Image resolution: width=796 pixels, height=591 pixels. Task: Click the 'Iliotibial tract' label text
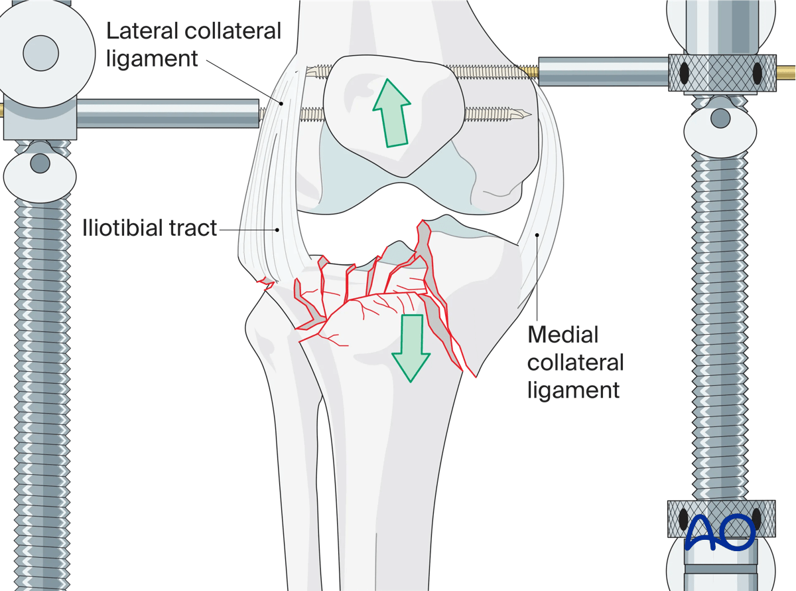point(150,229)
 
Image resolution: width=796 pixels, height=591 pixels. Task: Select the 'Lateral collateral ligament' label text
point(194,44)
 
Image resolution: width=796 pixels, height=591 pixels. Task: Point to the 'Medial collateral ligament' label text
point(576,362)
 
